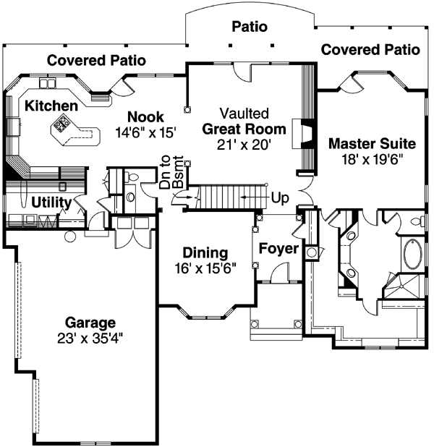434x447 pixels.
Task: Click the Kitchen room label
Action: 51,106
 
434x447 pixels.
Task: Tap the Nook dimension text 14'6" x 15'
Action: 145,132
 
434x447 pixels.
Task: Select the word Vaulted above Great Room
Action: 244,114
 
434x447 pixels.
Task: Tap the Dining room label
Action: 205,253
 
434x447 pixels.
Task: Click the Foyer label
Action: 278,249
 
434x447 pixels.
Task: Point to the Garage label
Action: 90,322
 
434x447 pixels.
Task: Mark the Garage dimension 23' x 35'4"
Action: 90,337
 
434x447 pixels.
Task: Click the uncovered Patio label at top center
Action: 250,27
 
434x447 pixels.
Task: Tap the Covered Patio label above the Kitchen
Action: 97,60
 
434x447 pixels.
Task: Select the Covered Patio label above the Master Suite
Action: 370,49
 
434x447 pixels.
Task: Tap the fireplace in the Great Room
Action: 307,133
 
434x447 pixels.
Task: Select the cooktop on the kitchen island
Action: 59,128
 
